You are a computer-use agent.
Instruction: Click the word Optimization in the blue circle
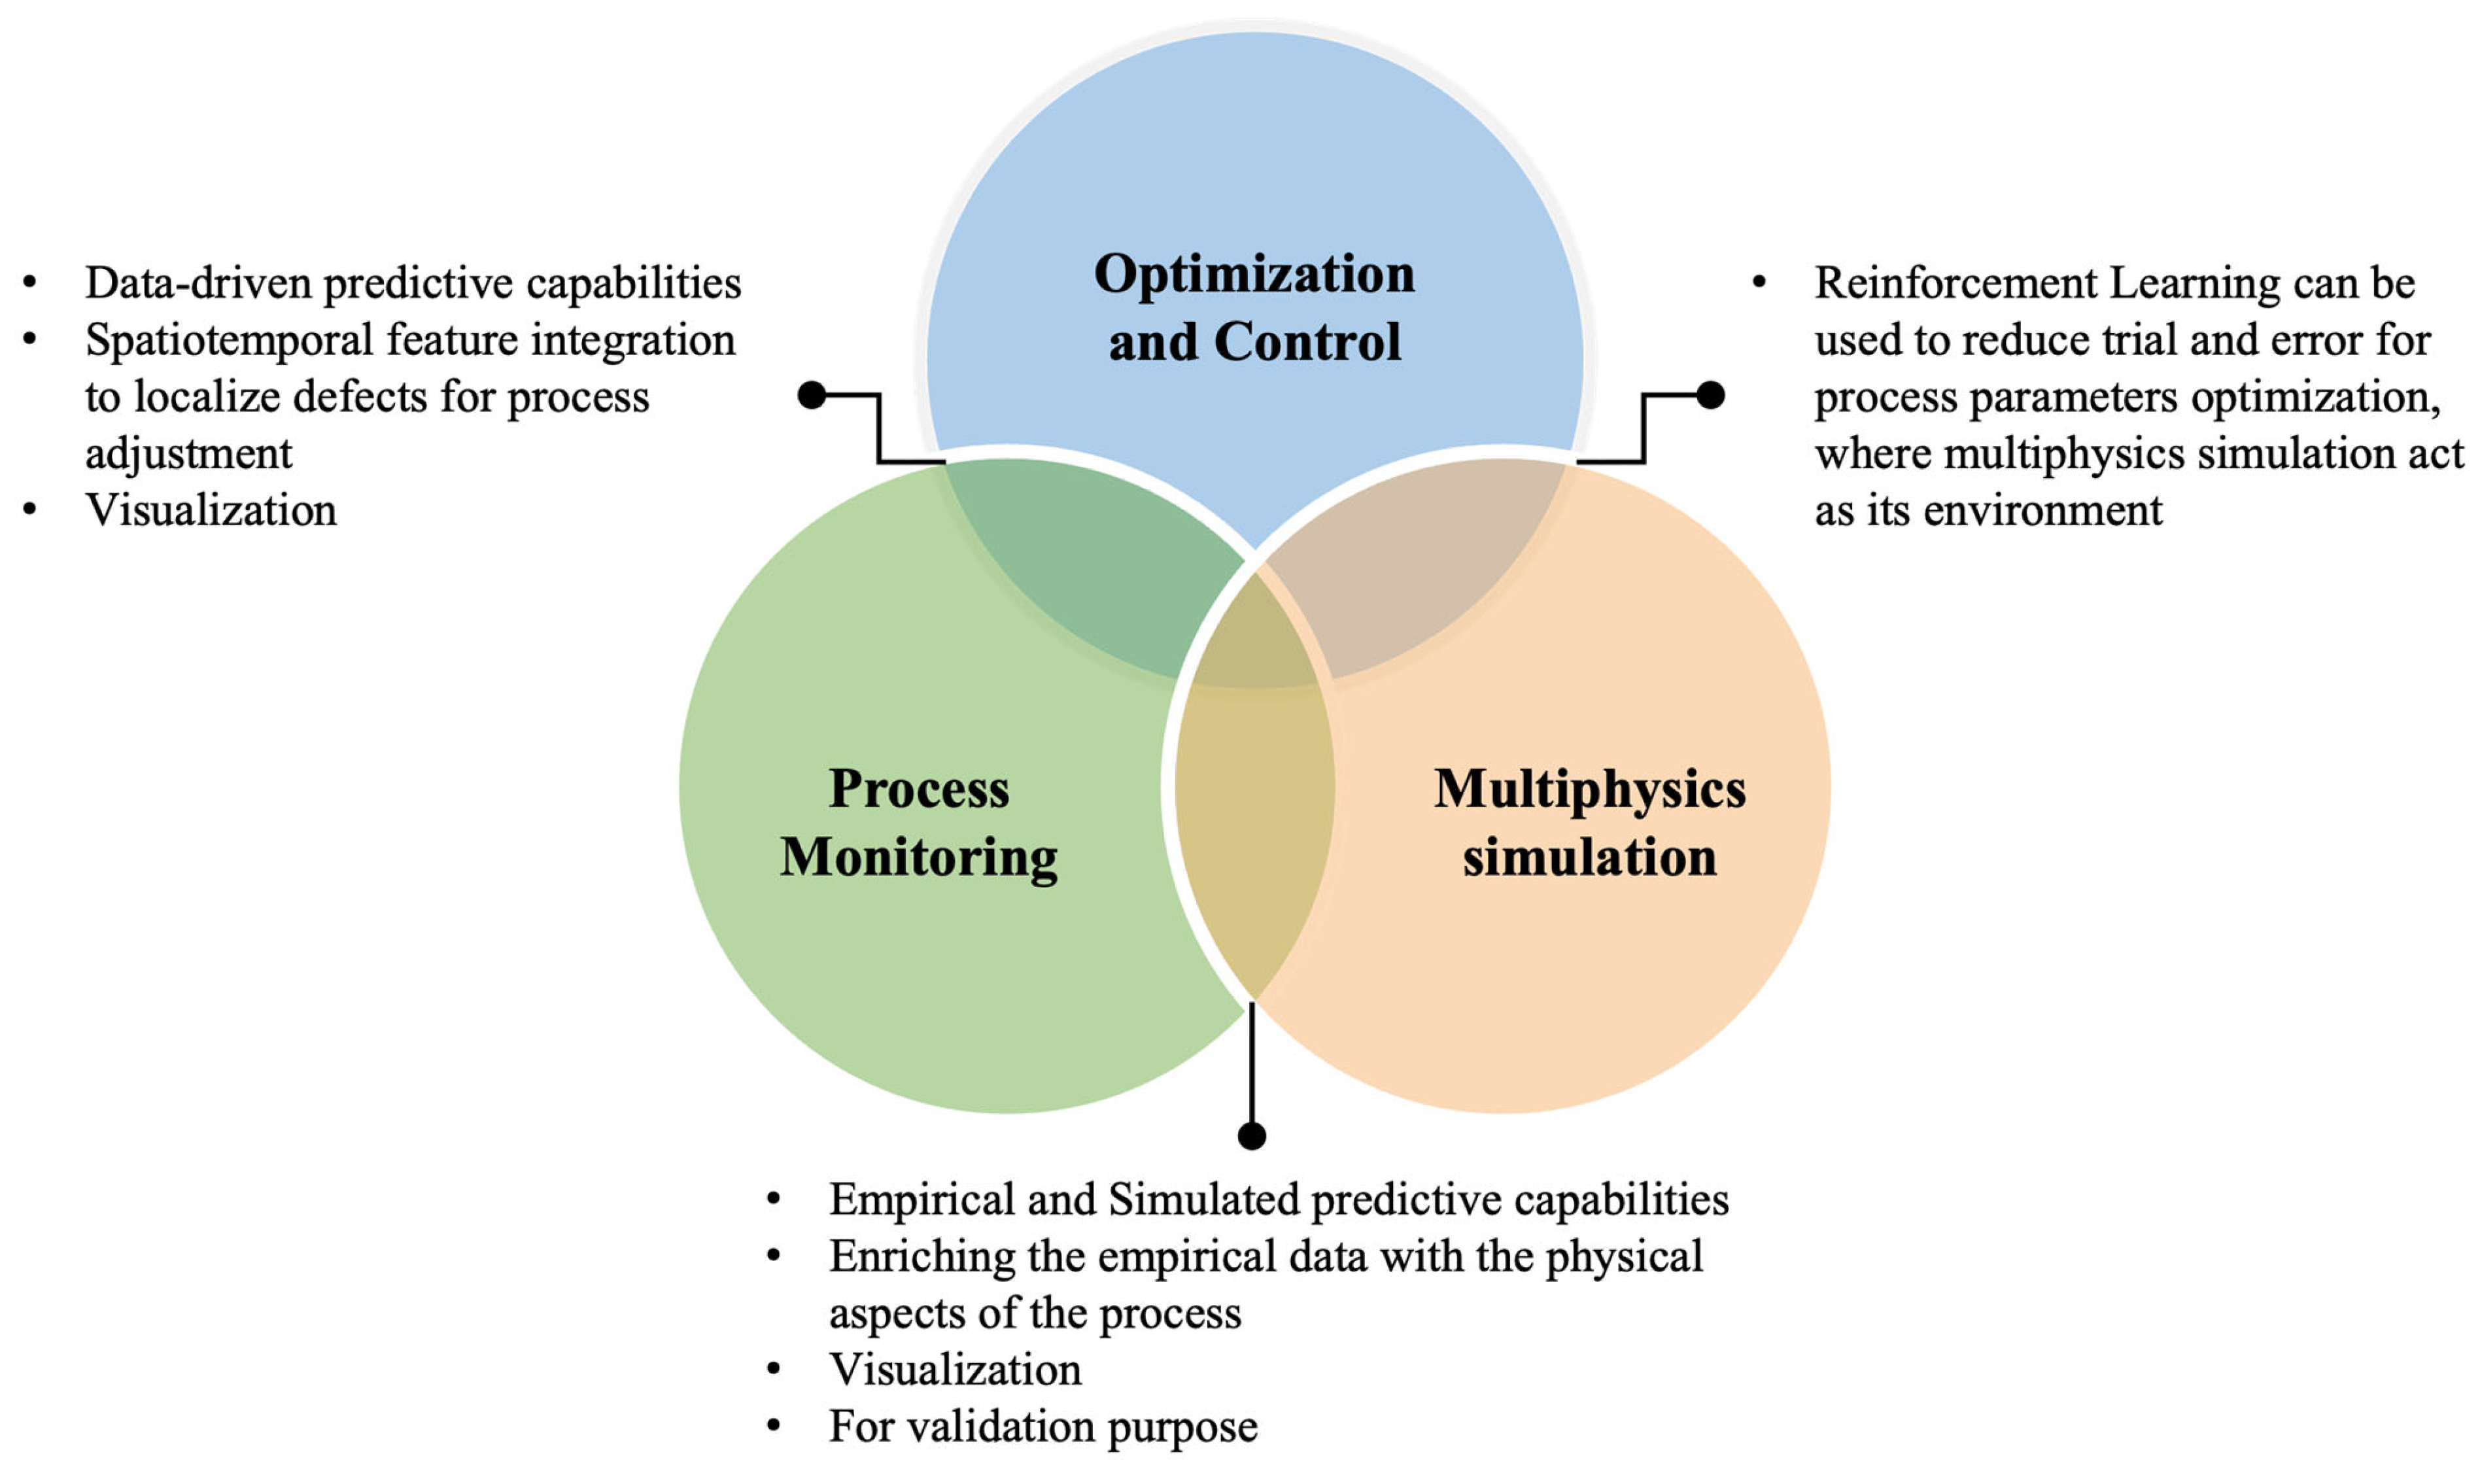(1254, 274)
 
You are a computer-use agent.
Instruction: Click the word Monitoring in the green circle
(918, 857)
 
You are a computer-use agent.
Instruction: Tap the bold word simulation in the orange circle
(1589, 857)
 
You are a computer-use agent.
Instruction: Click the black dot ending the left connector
(812, 395)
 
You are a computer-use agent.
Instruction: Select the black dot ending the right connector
(1710, 395)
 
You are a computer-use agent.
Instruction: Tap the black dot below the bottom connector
(1252, 1135)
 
